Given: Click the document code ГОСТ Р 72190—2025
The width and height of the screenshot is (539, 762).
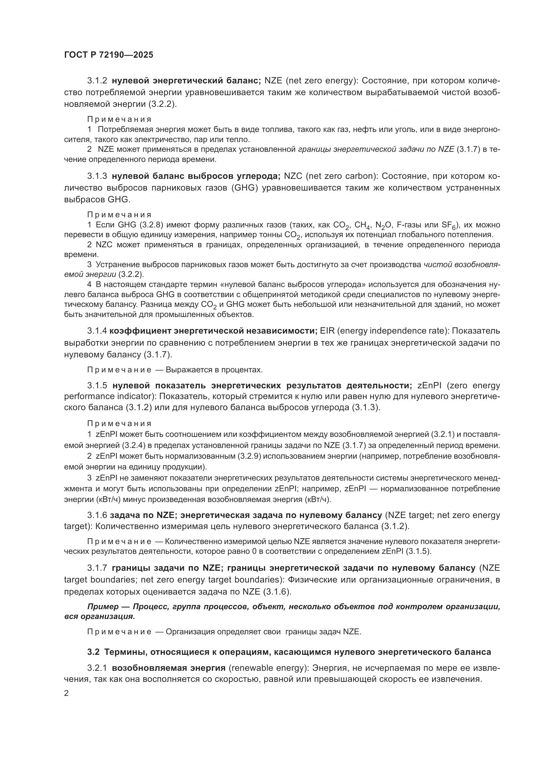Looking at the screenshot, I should point(109,55).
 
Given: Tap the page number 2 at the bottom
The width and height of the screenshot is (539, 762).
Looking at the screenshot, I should point(66,693).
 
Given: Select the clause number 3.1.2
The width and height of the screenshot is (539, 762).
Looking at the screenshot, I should point(97,81).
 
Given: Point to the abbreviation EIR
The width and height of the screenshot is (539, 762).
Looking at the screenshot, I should point(324,331).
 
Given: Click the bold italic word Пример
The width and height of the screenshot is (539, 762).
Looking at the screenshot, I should point(103,607).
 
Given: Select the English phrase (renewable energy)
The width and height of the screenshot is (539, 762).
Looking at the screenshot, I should point(269,668).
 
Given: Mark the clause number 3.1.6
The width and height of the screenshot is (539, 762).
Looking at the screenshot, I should point(97,515).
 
